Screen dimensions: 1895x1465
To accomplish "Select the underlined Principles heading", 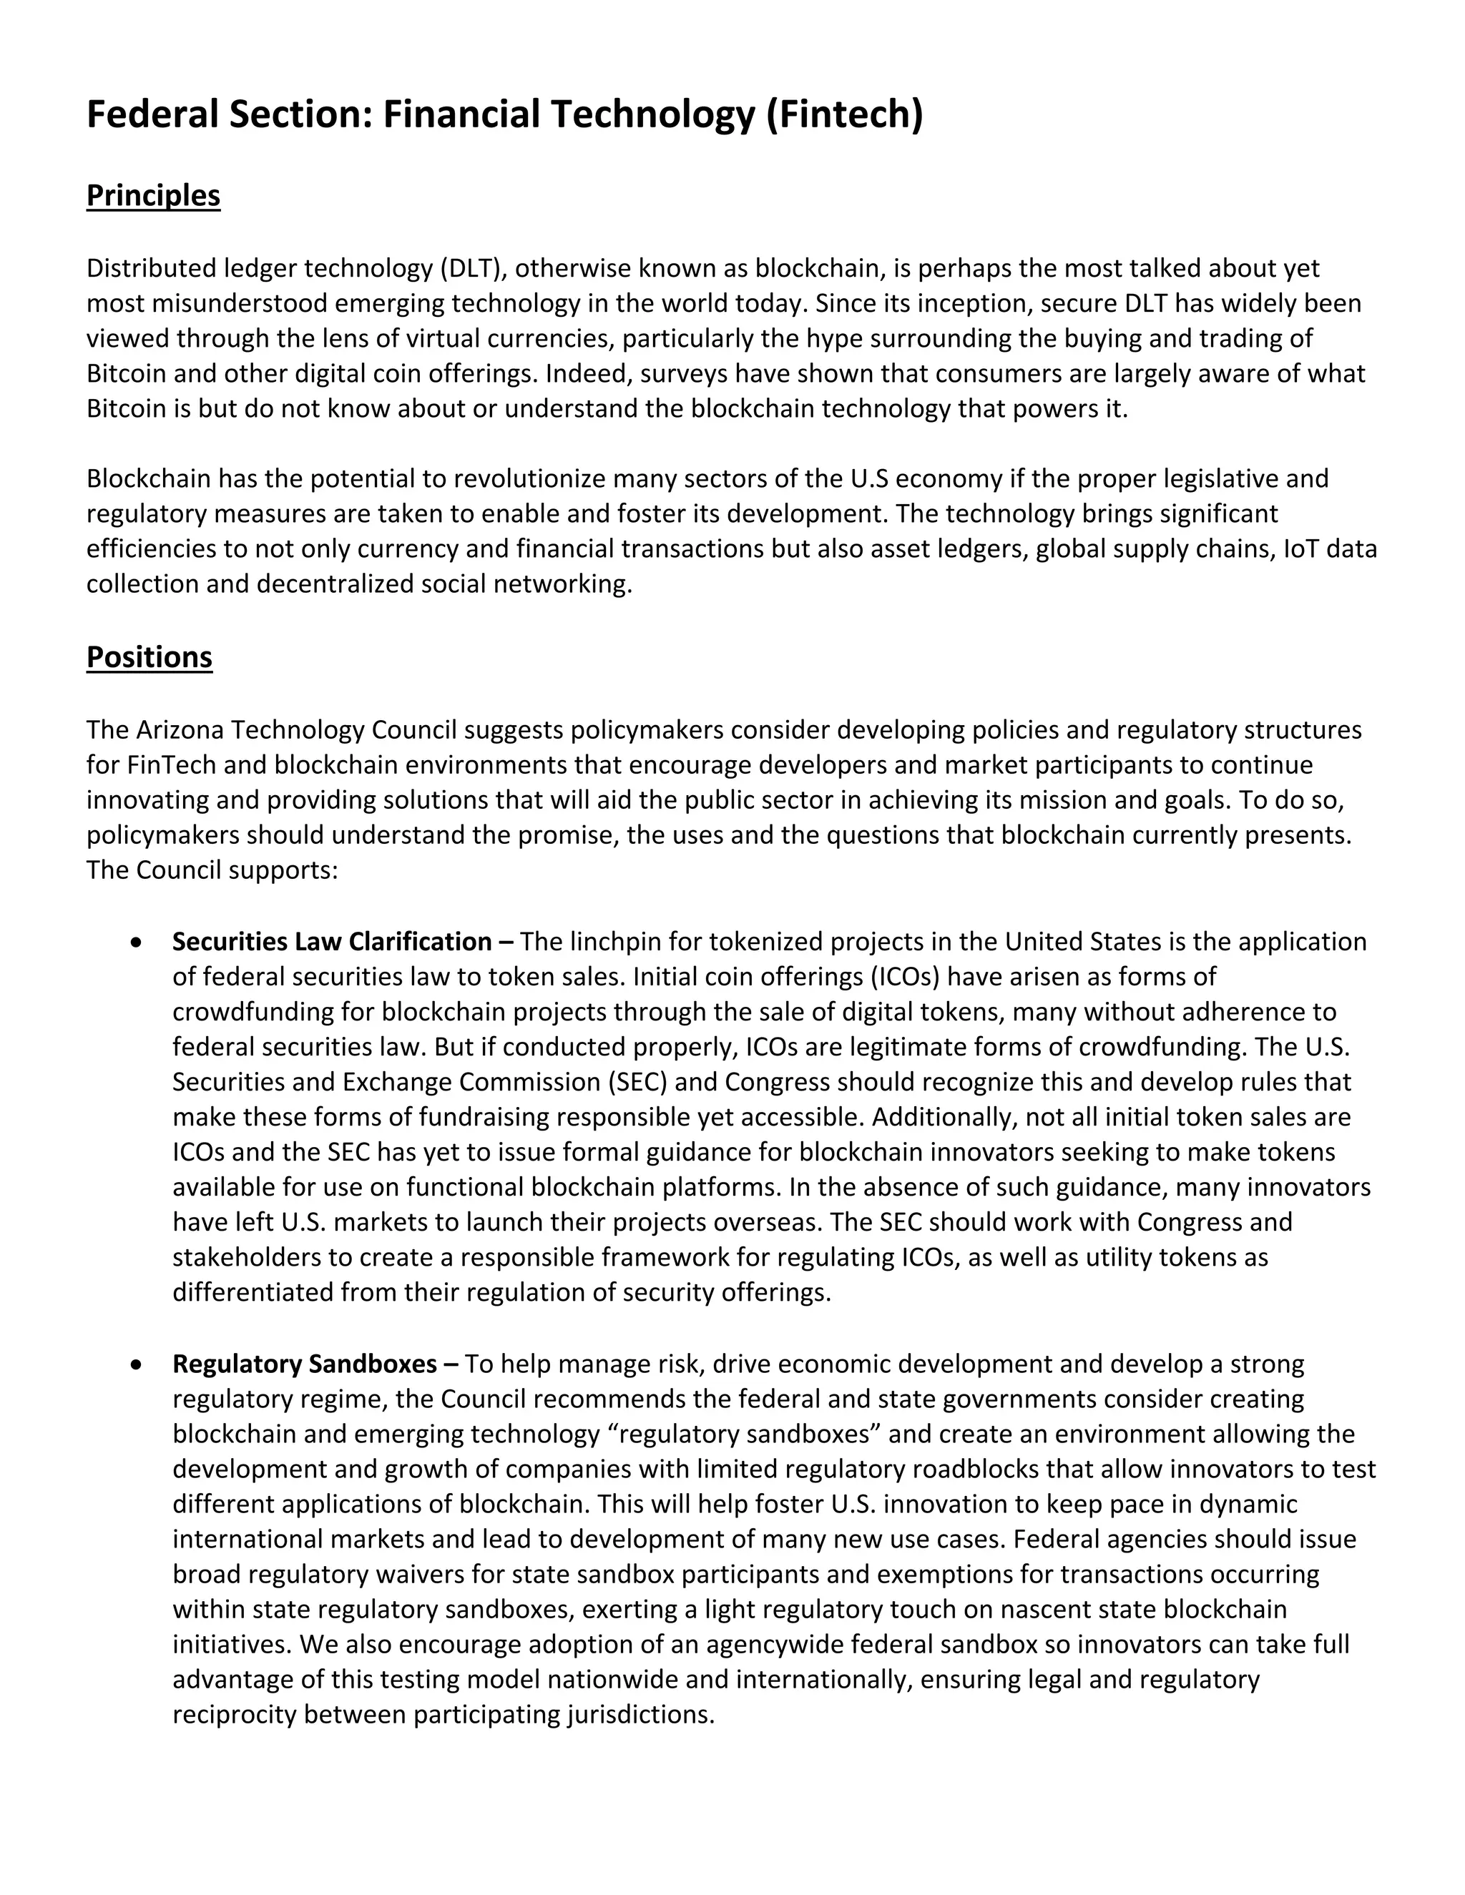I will coord(153,195).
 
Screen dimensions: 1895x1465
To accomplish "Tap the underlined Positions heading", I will coord(150,657).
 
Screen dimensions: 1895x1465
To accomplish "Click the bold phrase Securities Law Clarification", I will coord(333,942).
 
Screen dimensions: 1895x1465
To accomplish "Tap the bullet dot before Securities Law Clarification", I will coord(136,942).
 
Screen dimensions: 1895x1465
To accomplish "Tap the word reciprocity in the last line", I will coord(235,1715).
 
